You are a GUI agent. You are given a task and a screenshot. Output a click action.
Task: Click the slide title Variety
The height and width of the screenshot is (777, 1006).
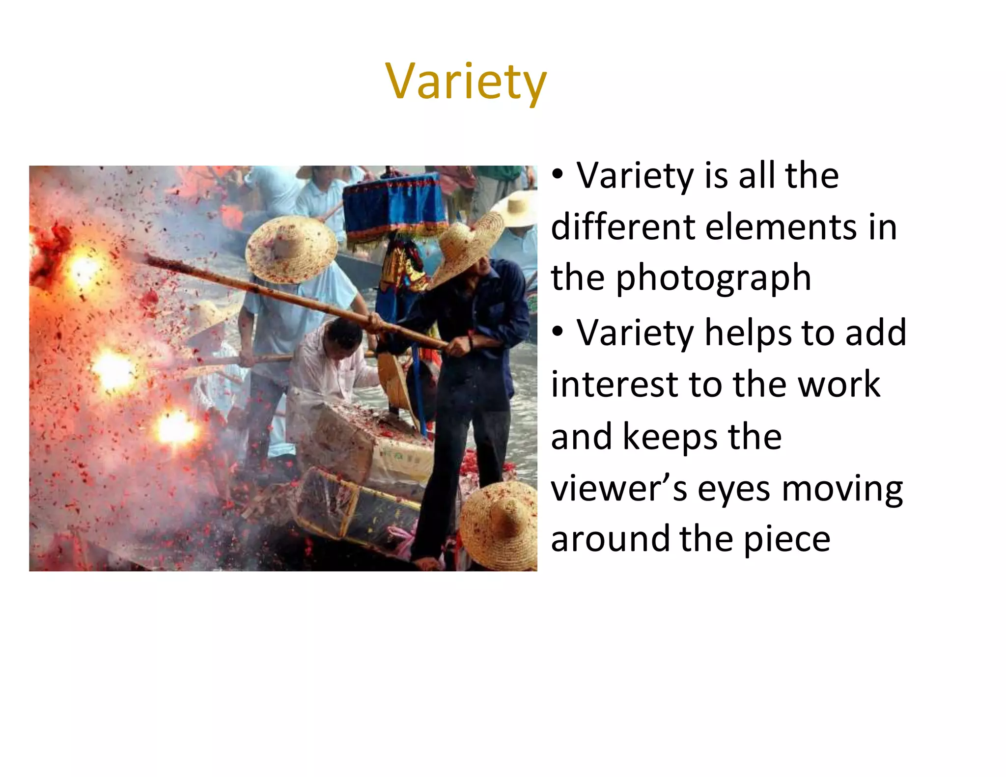click(466, 82)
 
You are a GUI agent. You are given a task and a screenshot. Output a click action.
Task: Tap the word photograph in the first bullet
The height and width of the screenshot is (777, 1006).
click(713, 278)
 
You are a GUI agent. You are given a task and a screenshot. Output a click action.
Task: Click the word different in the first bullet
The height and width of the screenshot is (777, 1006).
click(622, 227)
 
